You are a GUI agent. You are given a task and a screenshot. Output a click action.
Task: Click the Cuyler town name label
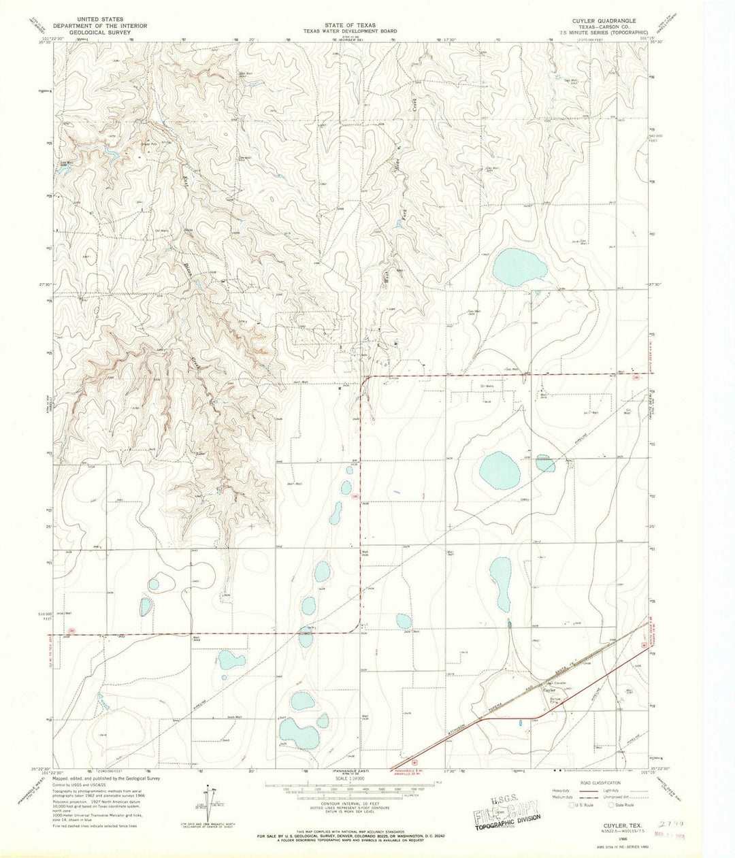coord(550,690)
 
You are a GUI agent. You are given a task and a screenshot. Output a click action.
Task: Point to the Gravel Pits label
coord(149,144)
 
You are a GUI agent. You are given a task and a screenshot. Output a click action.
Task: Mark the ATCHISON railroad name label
coord(463,727)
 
